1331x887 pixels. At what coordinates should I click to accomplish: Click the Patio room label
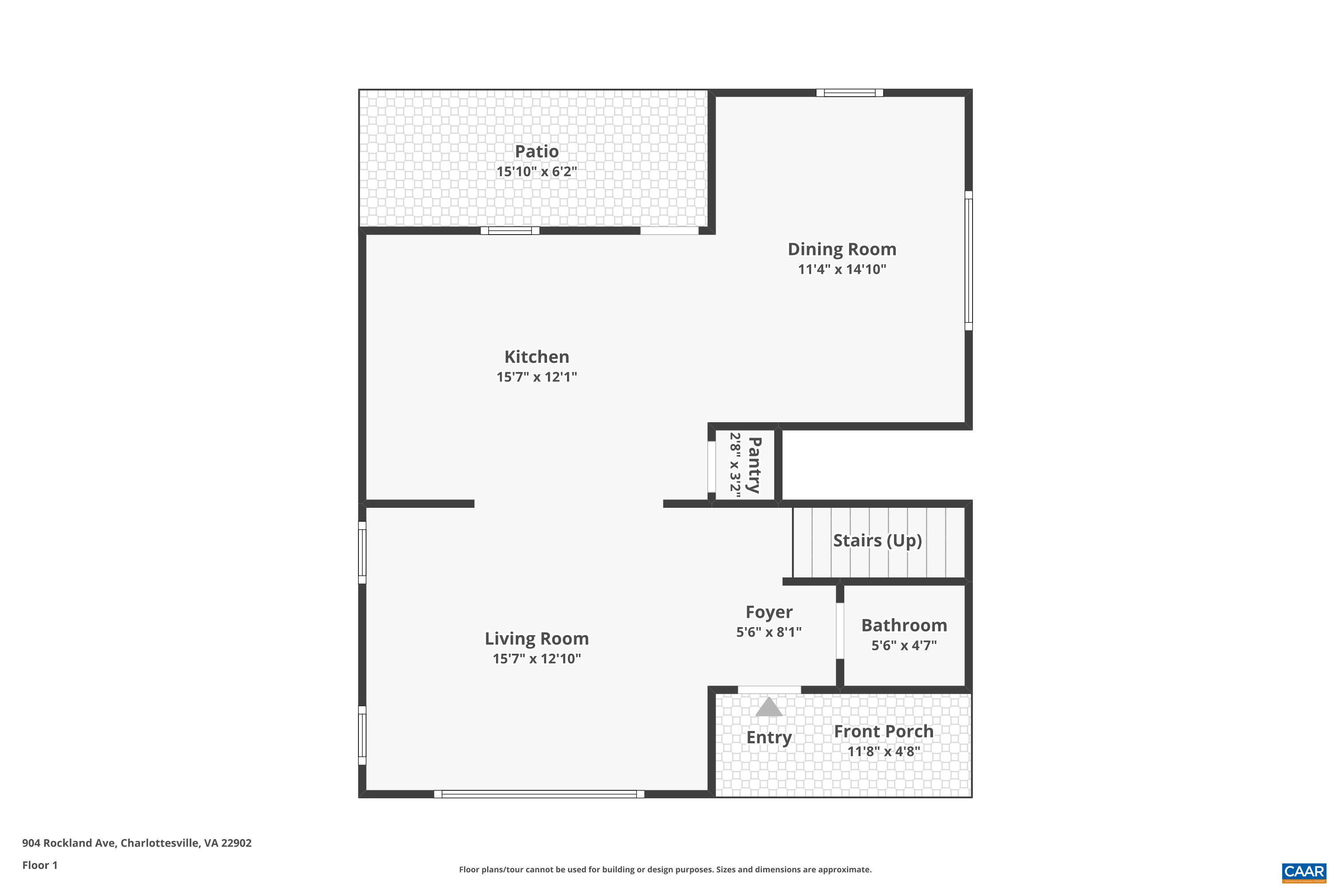(536, 152)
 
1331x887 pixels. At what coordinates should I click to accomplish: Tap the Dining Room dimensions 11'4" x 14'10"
(842, 269)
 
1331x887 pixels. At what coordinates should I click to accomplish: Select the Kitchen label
(536, 357)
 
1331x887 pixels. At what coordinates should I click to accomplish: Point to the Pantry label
(754, 465)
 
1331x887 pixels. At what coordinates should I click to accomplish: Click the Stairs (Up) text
(877, 540)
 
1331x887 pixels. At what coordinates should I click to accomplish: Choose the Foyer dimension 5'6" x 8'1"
(768, 632)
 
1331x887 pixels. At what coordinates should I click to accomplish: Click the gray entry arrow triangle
(768, 707)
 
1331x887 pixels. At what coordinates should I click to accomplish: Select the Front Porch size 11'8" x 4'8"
(883, 751)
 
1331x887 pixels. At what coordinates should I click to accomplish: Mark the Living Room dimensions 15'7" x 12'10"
(536, 659)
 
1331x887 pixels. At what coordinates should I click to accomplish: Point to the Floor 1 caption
(39, 865)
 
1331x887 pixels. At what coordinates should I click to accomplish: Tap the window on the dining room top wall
(850, 93)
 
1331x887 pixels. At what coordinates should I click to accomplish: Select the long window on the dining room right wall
(968, 261)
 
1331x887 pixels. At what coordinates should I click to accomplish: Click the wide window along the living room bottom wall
(539, 794)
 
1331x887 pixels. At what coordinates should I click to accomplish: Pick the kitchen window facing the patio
(509, 230)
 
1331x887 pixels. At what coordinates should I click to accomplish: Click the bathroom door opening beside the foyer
(840, 631)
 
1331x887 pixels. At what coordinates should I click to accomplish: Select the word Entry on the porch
(768, 738)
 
